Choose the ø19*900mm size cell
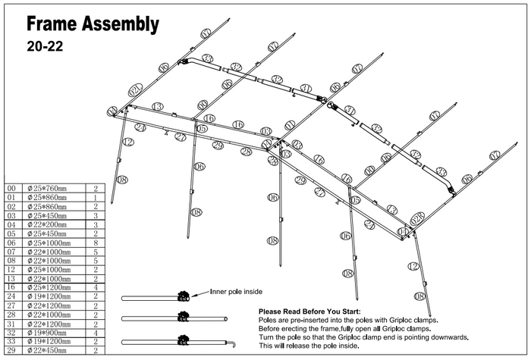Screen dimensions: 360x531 [x=46, y=331]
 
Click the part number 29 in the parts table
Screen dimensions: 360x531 [x=11, y=349]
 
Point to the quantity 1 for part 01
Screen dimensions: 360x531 [x=96, y=197]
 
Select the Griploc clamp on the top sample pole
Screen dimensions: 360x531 [x=182, y=296]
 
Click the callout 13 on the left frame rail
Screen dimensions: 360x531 [x=157, y=107]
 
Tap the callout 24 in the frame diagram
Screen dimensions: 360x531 [x=140, y=127]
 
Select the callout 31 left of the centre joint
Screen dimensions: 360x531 [x=305, y=89]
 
